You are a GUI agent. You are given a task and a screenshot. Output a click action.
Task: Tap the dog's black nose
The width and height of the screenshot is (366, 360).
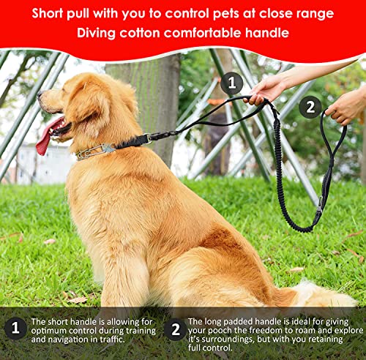tap(40, 94)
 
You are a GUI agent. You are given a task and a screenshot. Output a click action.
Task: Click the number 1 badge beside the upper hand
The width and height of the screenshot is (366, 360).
tap(231, 83)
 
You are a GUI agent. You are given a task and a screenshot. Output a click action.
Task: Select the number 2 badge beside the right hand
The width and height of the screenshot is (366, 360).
tap(310, 107)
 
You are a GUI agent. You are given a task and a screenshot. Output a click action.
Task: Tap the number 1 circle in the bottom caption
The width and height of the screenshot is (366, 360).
tap(15, 328)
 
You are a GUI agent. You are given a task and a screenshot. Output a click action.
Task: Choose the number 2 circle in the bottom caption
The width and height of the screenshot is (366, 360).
tap(176, 329)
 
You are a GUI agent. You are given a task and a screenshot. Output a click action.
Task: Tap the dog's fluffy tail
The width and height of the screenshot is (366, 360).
tap(322, 295)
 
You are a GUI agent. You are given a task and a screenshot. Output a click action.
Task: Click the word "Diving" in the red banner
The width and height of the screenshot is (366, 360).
tap(96, 33)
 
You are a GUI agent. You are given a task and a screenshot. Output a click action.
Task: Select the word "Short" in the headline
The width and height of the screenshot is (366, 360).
tap(48, 13)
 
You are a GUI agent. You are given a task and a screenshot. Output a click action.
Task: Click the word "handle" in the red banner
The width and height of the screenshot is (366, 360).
tap(267, 32)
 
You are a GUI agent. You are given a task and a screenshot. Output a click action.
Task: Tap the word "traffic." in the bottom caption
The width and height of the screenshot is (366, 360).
tap(112, 340)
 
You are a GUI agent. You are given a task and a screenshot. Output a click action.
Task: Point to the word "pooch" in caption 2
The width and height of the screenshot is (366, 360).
tap(220, 331)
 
